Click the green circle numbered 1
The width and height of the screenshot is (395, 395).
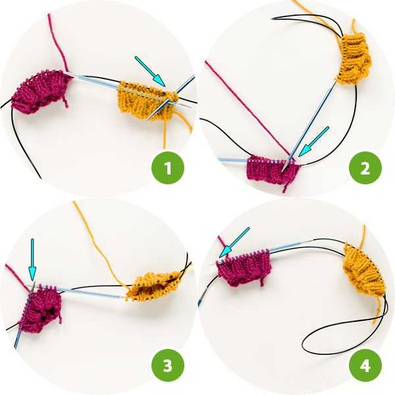coord(168,168)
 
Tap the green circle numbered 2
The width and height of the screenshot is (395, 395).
coord(365,168)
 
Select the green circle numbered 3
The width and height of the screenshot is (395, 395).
coord(168,365)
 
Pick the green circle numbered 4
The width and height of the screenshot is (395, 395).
coord(365,365)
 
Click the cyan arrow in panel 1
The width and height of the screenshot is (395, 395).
coord(150,71)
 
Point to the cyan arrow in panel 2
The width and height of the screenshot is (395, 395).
coord(313,142)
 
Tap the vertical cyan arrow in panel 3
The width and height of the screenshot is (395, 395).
coord(32,260)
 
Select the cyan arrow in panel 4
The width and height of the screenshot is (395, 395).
coord(234,242)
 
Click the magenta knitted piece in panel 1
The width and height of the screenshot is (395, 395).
coord(41,92)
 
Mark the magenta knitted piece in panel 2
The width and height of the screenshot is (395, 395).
coord(273,170)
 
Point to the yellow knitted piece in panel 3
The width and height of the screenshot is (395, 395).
coord(154,286)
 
